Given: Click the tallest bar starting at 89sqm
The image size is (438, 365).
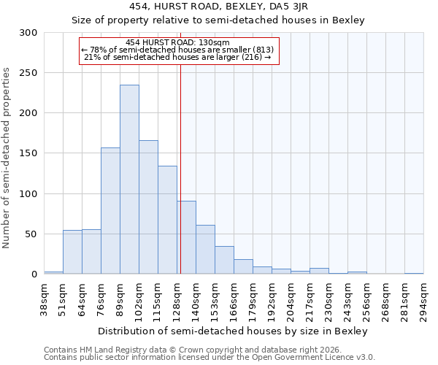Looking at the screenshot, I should click(x=129, y=180).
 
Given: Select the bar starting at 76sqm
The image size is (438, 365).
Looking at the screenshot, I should click(x=110, y=211).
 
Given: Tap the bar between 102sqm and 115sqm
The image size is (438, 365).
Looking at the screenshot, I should click(x=148, y=207).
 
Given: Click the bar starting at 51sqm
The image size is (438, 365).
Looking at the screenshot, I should click(x=72, y=252).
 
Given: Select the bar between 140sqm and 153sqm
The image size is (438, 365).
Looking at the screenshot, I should click(x=205, y=250).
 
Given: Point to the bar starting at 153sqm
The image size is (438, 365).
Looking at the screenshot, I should click(x=224, y=260).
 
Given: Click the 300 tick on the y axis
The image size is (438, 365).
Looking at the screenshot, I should click(x=28, y=33).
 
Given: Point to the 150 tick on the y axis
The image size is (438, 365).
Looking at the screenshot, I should click(x=28, y=153).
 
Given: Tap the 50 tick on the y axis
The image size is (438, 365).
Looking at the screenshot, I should click(x=31, y=234).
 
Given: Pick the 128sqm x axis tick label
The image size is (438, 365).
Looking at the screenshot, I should click(x=177, y=300).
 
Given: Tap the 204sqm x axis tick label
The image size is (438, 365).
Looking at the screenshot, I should click(x=291, y=300).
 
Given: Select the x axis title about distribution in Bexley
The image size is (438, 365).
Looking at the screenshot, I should click(x=233, y=331).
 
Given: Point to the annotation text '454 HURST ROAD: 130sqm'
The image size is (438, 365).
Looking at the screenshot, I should click(x=178, y=43).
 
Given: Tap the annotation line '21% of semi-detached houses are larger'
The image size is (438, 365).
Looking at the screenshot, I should click(x=178, y=57).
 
